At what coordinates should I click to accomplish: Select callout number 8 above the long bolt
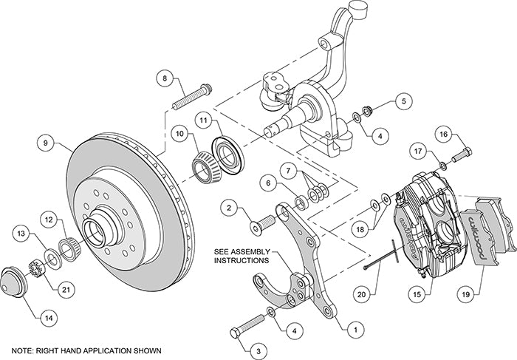coord(165,78)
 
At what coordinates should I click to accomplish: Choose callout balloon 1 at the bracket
coord(356,323)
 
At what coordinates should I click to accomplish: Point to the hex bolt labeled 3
coord(247,325)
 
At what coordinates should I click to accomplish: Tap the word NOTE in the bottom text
coord(24,349)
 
